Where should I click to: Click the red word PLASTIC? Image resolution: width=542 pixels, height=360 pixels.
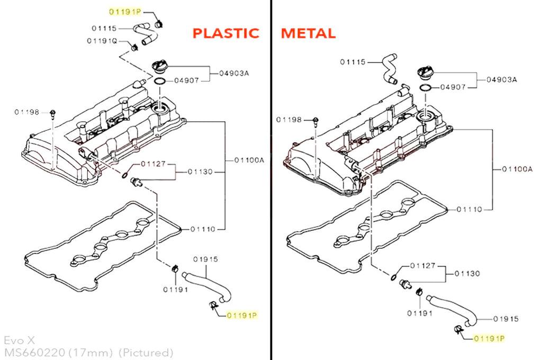[225, 33]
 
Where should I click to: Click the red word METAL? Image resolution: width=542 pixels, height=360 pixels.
[308, 33]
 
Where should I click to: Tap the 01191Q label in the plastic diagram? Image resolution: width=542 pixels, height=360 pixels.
[102, 41]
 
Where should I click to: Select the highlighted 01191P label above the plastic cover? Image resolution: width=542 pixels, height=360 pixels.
[125, 12]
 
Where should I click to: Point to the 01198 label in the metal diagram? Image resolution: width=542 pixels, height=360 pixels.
[289, 120]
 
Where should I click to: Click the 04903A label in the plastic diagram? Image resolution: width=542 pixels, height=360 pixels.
[234, 73]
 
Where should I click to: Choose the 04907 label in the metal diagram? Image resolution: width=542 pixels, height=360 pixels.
[453, 87]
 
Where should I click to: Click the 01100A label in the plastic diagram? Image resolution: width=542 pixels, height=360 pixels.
[249, 160]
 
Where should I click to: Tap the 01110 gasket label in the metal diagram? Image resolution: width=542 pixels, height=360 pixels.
[469, 210]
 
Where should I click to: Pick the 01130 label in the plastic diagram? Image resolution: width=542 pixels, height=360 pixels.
[200, 172]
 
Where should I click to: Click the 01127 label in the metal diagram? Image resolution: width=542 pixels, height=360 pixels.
[423, 266]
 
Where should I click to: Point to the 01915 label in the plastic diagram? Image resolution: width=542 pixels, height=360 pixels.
[205, 259]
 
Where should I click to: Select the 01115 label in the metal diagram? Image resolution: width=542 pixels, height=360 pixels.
[353, 62]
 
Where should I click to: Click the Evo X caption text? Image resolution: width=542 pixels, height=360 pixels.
[20, 340]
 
